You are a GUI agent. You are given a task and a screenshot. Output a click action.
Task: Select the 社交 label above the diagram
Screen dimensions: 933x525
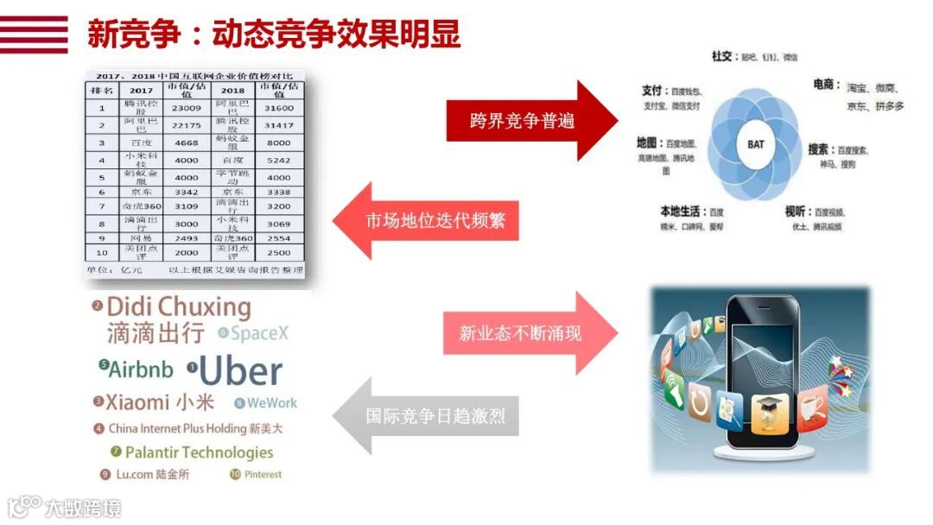(x=722, y=56)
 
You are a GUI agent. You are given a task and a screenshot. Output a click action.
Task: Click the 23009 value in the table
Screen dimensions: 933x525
(x=186, y=108)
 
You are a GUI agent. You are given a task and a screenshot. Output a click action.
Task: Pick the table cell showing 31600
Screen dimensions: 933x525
(x=279, y=108)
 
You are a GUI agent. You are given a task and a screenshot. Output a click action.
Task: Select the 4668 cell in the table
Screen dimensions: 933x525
(x=186, y=142)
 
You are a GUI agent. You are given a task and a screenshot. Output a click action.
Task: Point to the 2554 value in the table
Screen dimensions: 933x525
(x=279, y=237)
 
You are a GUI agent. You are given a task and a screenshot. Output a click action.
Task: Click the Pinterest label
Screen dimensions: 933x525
(x=263, y=474)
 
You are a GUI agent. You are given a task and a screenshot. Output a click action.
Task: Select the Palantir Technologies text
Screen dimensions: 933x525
(x=199, y=452)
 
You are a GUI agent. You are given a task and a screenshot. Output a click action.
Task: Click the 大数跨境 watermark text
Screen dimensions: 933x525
(x=84, y=508)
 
